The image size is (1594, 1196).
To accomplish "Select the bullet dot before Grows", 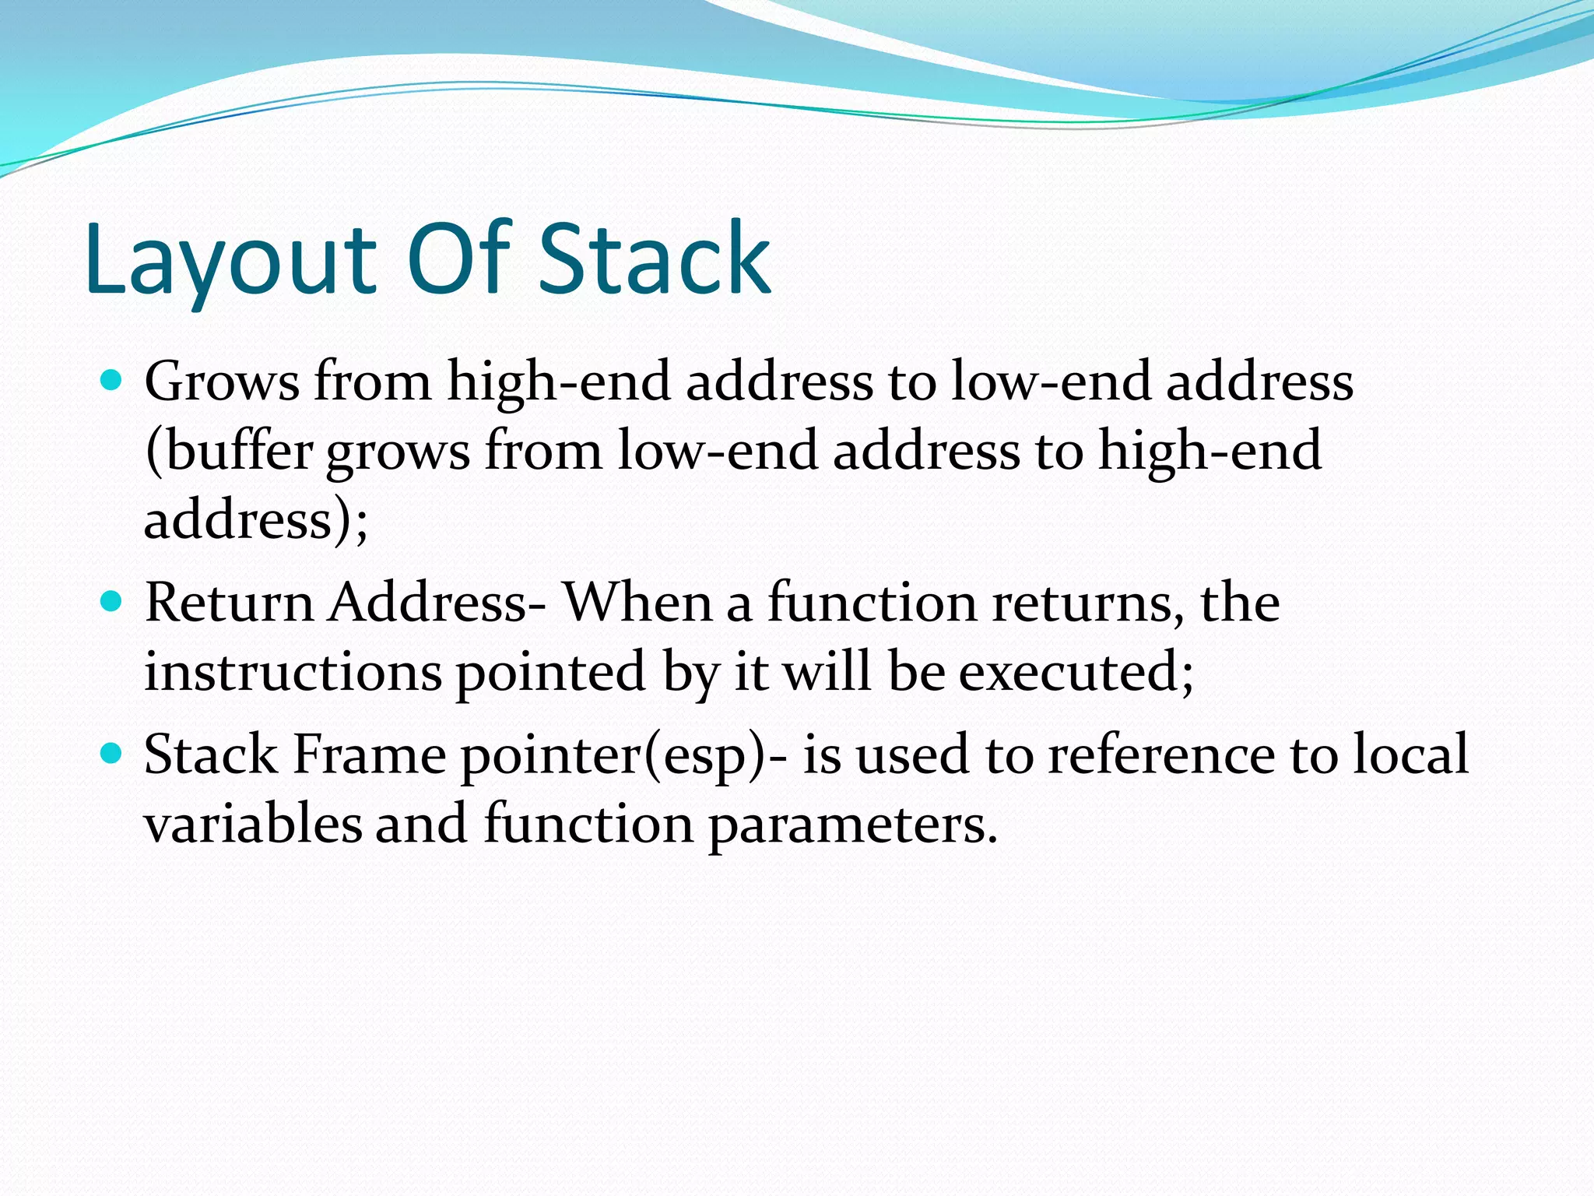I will click(x=112, y=380).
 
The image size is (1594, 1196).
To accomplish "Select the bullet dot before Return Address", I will click(x=112, y=601).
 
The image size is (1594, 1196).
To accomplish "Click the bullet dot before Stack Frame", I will click(x=112, y=753).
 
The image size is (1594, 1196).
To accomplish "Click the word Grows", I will click(x=222, y=382).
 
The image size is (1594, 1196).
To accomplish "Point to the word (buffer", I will click(x=230, y=452).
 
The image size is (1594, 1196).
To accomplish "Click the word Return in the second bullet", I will click(x=228, y=603).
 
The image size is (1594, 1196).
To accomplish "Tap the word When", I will click(x=637, y=603).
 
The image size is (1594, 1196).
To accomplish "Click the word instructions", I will click(x=293, y=671).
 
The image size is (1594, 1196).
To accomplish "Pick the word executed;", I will click(x=1076, y=671).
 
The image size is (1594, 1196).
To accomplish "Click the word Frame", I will click(x=368, y=755).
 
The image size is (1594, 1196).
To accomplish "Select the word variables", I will click(x=253, y=824).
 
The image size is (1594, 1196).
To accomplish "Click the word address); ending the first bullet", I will click(x=255, y=520).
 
